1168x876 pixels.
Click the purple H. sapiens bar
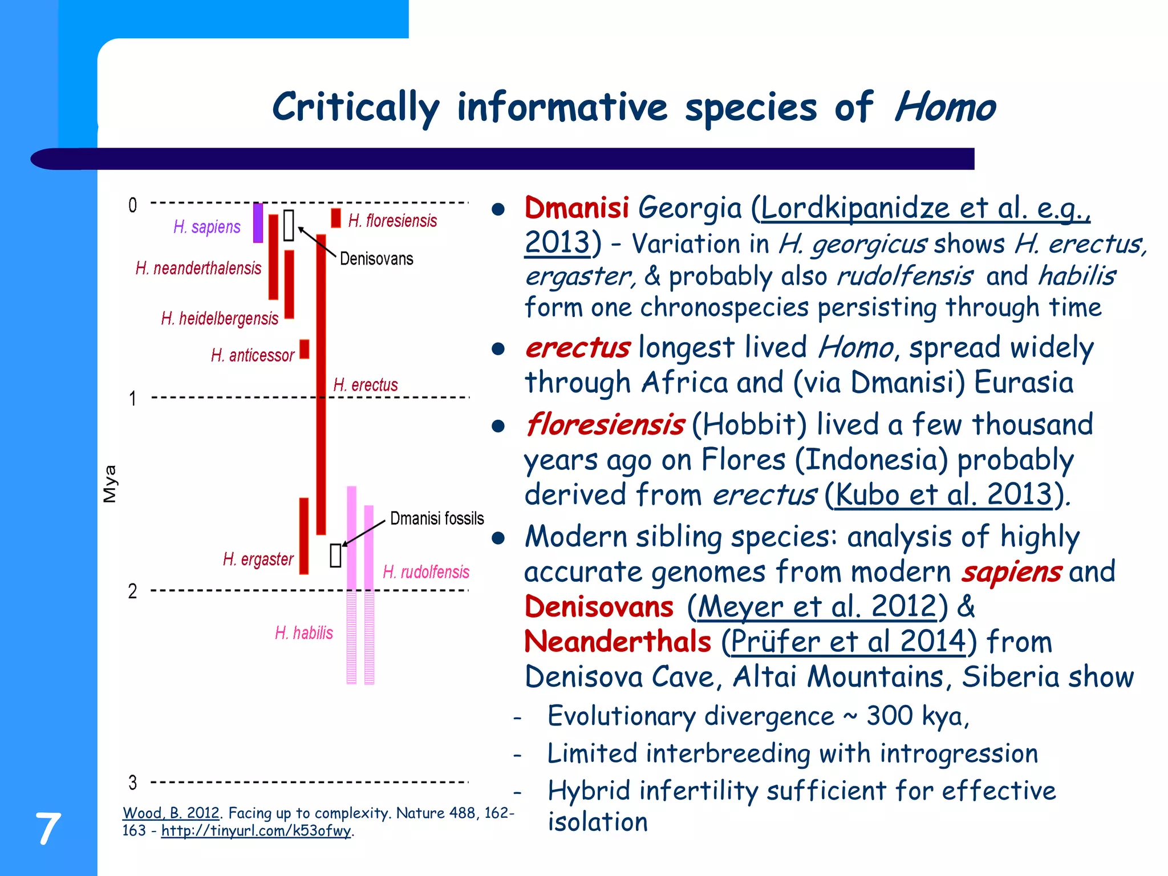pos(258,223)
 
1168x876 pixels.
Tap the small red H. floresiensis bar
pos(336,218)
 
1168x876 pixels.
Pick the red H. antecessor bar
pos(305,349)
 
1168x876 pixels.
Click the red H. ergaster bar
pos(304,536)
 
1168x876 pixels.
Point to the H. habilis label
pos(303,632)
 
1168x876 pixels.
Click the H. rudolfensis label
pos(426,571)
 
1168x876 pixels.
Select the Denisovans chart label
pos(376,259)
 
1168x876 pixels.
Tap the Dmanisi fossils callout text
pos(437,518)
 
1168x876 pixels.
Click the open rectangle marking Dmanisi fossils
pos(335,555)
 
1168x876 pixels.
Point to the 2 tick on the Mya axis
pos(132,591)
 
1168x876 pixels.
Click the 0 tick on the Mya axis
pos(132,205)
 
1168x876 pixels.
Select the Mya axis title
pos(109,484)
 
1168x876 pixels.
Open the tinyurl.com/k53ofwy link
pos(256,830)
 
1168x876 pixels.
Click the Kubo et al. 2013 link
pos(943,494)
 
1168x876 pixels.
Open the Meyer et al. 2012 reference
pos(817,606)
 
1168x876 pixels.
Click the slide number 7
pos(48,829)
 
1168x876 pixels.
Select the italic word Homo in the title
pos(944,107)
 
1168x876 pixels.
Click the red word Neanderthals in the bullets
pos(618,642)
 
